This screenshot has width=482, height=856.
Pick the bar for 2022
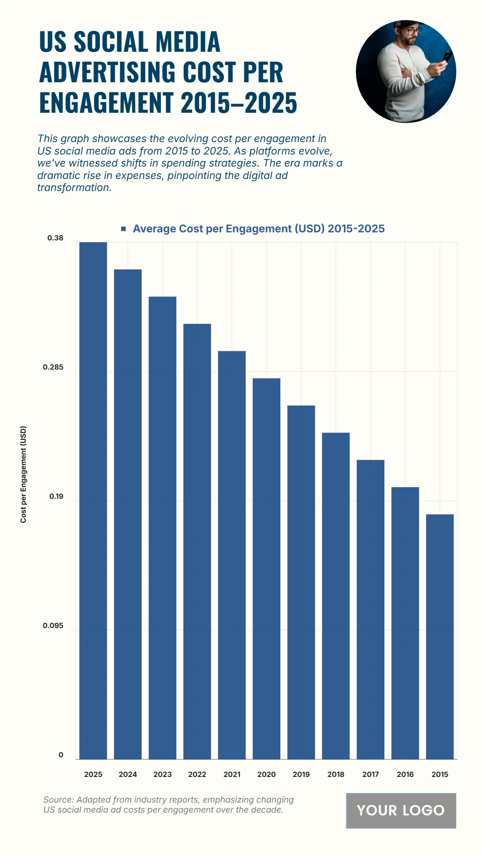[197, 541]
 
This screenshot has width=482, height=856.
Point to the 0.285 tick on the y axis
[53, 367]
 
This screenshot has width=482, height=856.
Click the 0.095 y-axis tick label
[53, 626]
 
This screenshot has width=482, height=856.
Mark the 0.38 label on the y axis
[55, 238]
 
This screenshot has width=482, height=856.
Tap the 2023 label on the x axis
[162, 775]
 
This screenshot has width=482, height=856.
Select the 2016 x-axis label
[405, 775]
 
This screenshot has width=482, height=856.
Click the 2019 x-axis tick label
[301, 775]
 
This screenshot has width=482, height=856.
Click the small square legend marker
[124, 229]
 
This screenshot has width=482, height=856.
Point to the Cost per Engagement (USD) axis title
[23, 474]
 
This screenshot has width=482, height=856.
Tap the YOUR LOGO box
[401, 810]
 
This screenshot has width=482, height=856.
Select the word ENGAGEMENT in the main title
[106, 103]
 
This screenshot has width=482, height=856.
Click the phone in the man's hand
[446, 57]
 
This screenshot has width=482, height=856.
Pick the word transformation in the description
[74, 188]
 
